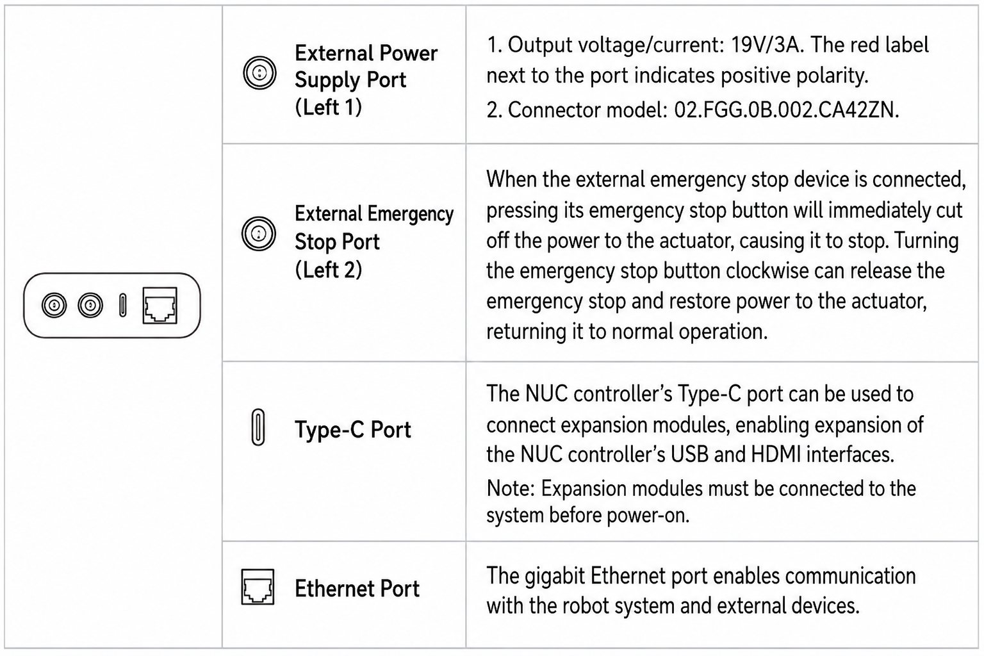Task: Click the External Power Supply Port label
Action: pyautogui.click(x=366, y=80)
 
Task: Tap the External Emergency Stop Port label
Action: pyautogui.click(x=374, y=242)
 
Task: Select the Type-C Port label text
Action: pyautogui.click(x=353, y=429)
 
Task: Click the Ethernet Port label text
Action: pyautogui.click(x=357, y=588)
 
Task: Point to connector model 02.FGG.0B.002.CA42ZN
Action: pyautogui.click(x=786, y=110)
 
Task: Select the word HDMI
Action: pyautogui.click(x=776, y=454)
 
